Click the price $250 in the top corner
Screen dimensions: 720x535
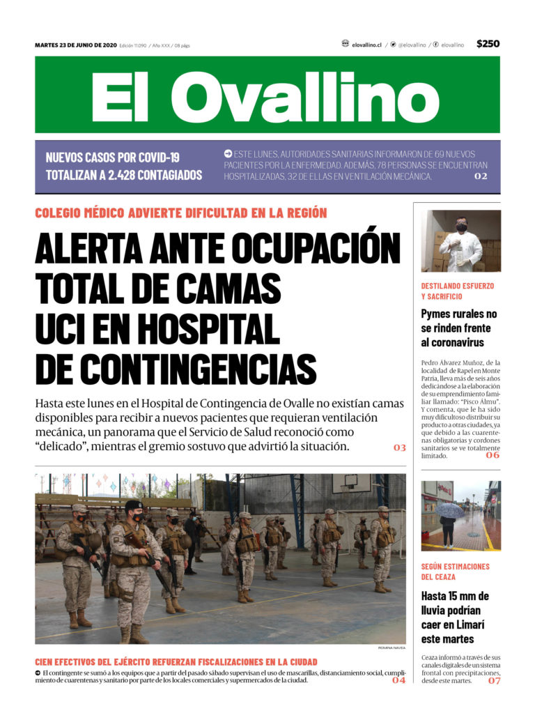click(488, 44)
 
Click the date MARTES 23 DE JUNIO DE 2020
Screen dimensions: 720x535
click(75, 45)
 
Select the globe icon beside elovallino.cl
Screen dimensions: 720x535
click(346, 44)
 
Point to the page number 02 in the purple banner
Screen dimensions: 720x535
click(481, 177)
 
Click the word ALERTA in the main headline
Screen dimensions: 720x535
click(93, 248)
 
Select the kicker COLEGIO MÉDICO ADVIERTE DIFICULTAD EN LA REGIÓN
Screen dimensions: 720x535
click(180, 213)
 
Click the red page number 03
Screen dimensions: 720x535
click(399, 447)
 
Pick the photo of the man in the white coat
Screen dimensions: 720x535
click(460, 240)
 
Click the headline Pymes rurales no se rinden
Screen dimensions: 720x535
click(458, 328)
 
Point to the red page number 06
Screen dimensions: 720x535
click(493, 455)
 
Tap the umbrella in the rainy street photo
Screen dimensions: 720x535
click(449, 510)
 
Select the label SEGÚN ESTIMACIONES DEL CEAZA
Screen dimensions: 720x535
click(455, 572)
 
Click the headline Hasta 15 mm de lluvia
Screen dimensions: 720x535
click(455, 618)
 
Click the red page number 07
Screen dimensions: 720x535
click(493, 680)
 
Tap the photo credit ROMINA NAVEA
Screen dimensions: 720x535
click(391, 648)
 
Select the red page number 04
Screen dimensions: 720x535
click(398, 680)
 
